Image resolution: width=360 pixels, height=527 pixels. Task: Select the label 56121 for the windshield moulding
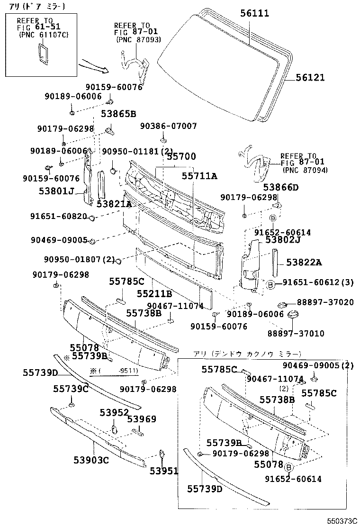311,78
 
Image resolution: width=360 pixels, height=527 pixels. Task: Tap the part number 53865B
118,114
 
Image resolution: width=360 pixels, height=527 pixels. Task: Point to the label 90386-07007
169,126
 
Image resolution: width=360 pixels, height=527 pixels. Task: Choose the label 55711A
199,176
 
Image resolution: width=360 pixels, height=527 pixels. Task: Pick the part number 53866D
281,187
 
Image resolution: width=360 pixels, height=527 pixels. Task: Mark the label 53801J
57,191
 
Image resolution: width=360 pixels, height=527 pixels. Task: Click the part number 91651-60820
59,217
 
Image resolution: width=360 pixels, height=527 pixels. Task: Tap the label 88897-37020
325,302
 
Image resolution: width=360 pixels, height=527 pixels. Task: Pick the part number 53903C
91,460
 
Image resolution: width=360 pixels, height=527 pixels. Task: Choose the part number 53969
141,419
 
